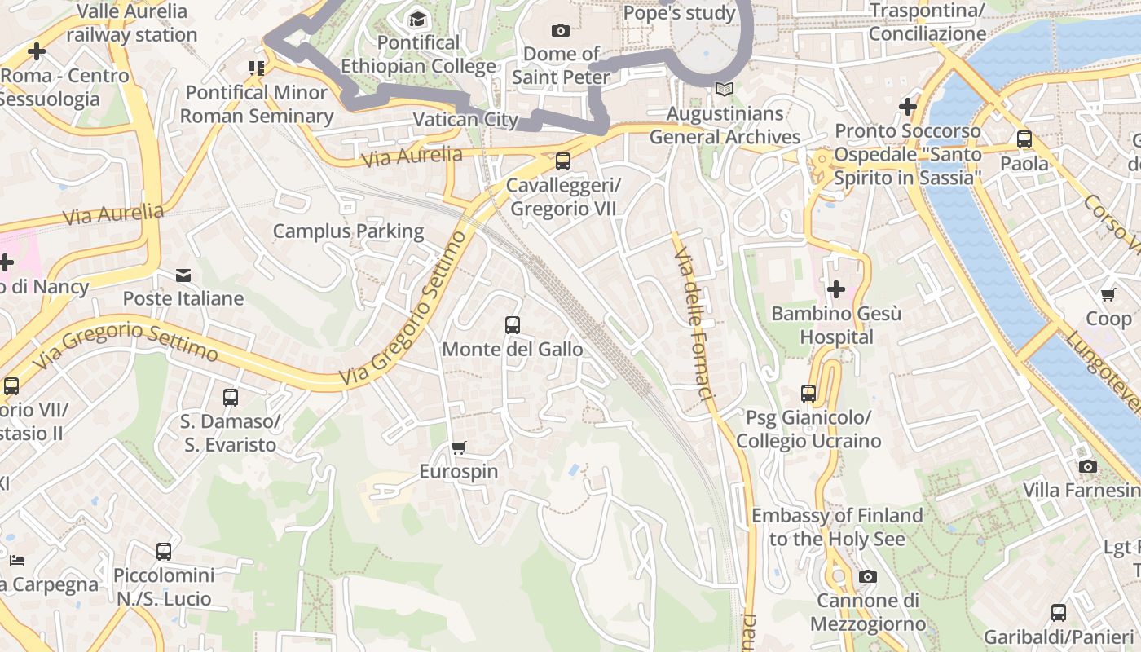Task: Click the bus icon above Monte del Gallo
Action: pos(513,325)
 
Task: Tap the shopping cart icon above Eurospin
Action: pos(458,447)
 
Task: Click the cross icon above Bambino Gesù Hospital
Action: pos(835,289)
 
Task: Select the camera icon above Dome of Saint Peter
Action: pos(561,30)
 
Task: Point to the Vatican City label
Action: pos(465,120)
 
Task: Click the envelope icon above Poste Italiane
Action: pos(183,275)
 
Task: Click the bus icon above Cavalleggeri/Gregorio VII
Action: pos(562,161)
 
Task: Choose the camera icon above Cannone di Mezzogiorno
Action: pos(868,577)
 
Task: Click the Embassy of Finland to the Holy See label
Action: pos(837,527)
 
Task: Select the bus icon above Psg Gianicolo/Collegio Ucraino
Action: pos(808,394)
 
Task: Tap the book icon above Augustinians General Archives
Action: pos(725,89)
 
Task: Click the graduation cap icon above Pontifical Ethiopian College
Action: pos(417,19)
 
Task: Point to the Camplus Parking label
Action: pos(348,231)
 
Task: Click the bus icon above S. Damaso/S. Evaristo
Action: pos(231,398)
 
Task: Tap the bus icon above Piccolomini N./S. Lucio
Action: pos(164,552)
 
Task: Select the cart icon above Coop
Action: pos(1108,294)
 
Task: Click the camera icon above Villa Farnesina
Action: pos(1087,466)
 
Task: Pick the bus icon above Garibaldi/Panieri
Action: pos(1058,612)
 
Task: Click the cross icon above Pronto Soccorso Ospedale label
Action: pos(907,107)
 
